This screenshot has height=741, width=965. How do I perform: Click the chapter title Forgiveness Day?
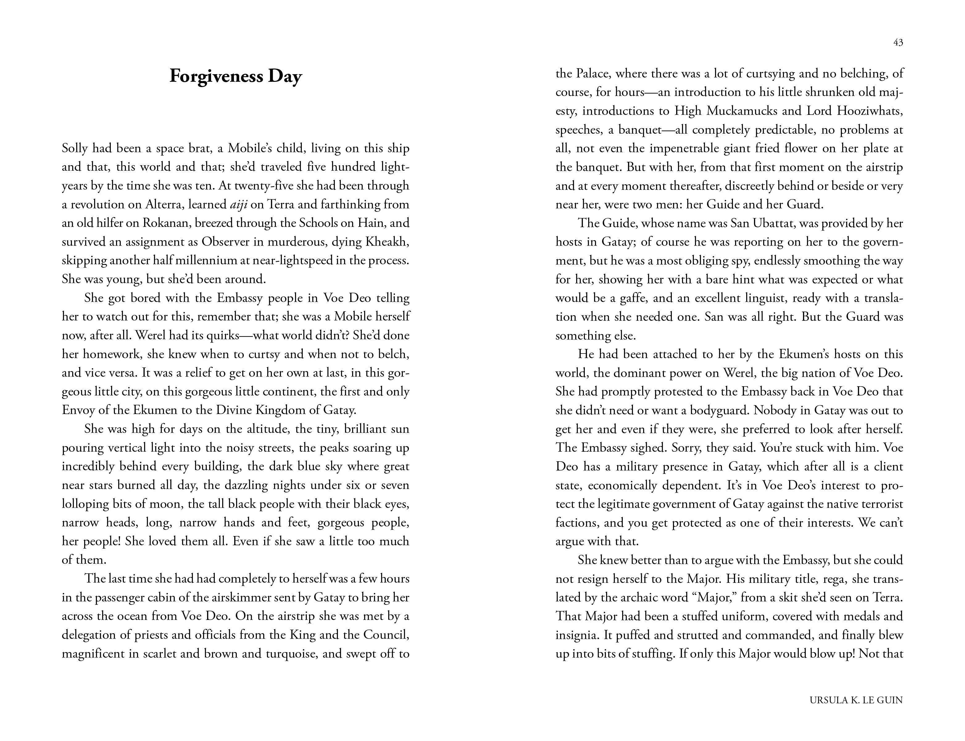pos(235,76)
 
